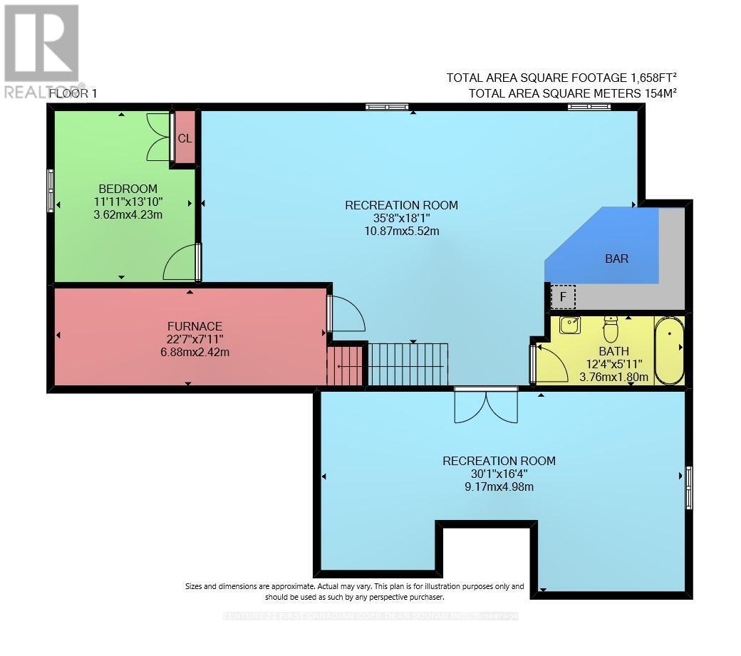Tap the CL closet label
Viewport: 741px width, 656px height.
pyautogui.click(x=185, y=139)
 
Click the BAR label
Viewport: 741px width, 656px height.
pyautogui.click(x=616, y=259)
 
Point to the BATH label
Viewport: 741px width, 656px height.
pyautogui.click(x=613, y=351)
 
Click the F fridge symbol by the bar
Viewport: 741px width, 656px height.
pyautogui.click(x=563, y=296)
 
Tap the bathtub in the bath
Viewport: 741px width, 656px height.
pyautogui.click(x=670, y=352)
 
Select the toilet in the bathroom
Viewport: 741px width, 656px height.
pyautogui.click(x=611, y=329)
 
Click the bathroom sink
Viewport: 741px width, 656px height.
pyautogui.click(x=569, y=326)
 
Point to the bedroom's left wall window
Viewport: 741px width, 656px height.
pyautogui.click(x=51, y=190)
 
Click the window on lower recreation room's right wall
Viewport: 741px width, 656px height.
pyautogui.click(x=689, y=487)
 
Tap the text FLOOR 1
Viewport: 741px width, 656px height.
pyautogui.click(x=73, y=93)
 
